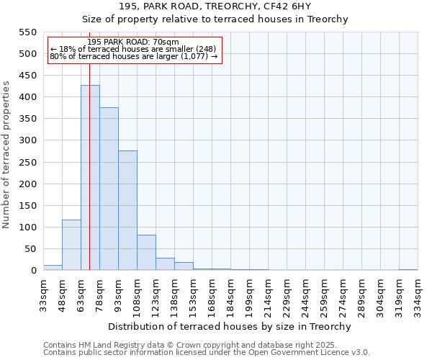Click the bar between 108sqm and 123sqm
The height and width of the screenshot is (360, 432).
(146, 253)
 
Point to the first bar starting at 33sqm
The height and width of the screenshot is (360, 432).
(53, 268)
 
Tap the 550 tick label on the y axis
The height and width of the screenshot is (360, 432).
(27, 32)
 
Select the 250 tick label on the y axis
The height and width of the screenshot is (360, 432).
(27, 163)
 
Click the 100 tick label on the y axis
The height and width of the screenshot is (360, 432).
(27, 228)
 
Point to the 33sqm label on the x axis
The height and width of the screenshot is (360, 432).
(44, 292)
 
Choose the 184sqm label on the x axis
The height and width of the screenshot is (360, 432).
(231, 293)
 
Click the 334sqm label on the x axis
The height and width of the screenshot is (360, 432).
(418, 293)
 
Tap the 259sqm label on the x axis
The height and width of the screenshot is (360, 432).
(325, 293)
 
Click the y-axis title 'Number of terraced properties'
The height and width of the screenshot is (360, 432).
(7, 154)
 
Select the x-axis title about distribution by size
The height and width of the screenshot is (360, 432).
(230, 326)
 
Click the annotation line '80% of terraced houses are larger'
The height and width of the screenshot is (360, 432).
(133, 57)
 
